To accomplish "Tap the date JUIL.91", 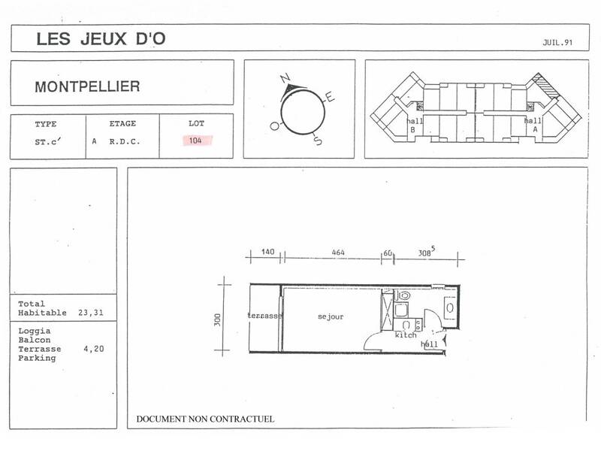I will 557,43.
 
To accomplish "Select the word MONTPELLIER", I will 87,86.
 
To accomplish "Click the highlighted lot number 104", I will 196,140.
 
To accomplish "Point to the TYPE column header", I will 46,123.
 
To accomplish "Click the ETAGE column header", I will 122,123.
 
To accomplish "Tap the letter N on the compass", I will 284,78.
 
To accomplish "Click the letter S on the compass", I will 318,141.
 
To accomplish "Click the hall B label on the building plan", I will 412,125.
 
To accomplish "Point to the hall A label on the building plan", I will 533,125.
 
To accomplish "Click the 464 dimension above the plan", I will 338,253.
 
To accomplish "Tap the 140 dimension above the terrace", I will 267,253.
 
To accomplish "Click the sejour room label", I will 330,316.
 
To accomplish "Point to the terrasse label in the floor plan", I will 264,316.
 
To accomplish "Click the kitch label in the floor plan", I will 406,334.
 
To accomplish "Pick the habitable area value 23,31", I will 91,312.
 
